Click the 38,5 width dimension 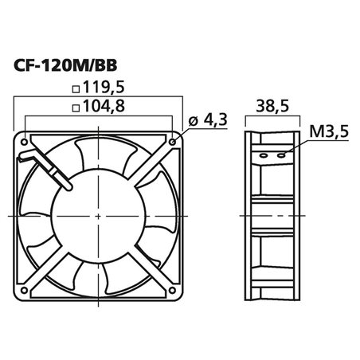(x=272, y=105)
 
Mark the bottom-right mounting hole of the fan (x=174, y=288)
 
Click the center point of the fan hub (x=100, y=214)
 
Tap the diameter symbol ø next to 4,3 (x=194, y=122)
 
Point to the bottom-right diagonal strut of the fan (x=151, y=266)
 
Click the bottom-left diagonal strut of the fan (x=49, y=266)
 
